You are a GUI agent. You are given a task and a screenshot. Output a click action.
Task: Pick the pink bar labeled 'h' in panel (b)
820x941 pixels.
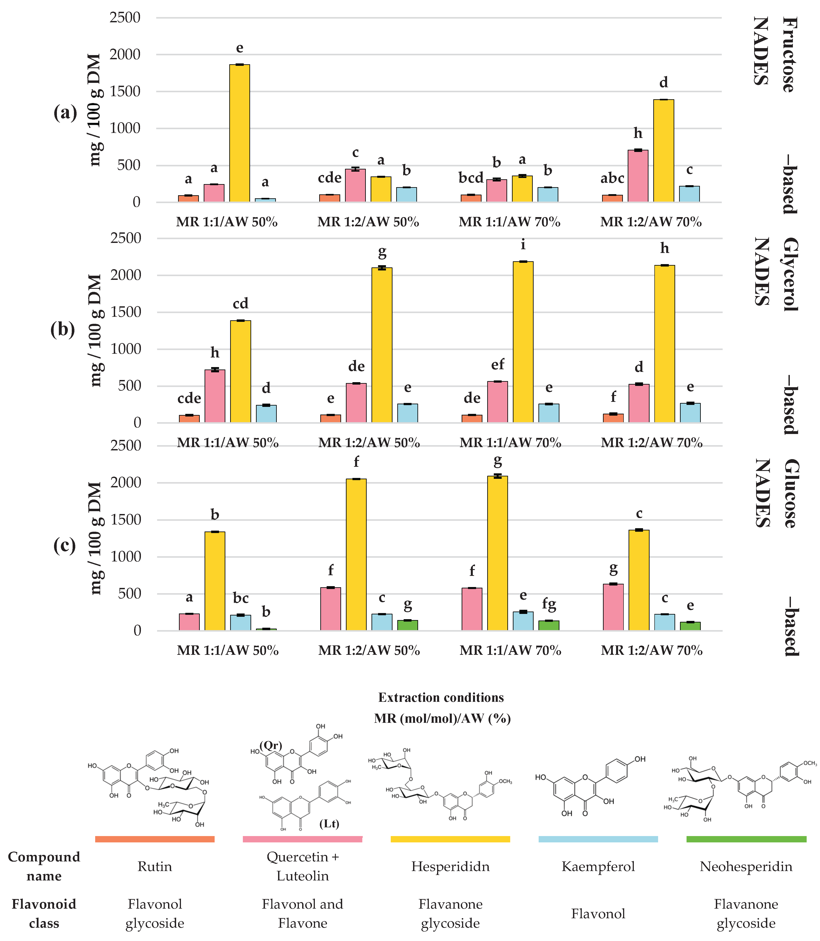[x=215, y=396]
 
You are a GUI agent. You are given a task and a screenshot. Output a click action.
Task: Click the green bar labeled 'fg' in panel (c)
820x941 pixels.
[x=549, y=625]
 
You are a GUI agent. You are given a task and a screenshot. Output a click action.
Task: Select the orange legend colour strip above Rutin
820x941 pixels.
[x=155, y=839]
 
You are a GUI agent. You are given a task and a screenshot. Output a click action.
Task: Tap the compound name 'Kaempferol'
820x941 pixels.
[x=598, y=866]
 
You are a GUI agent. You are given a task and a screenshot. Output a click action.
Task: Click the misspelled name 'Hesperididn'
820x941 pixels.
[x=450, y=866]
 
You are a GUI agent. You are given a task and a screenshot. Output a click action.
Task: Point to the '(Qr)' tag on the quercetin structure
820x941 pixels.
[x=271, y=745]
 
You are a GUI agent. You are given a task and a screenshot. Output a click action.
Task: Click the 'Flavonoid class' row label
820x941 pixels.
[x=44, y=914]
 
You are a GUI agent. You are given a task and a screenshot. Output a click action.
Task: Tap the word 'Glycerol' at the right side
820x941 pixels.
[x=790, y=274]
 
